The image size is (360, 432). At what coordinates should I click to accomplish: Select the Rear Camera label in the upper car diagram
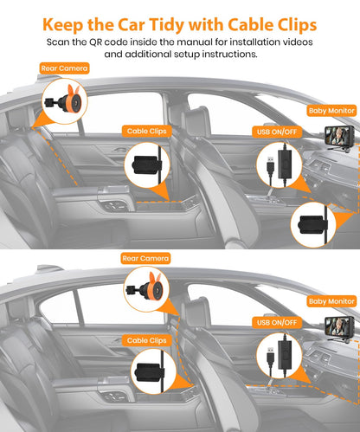[x=64, y=68]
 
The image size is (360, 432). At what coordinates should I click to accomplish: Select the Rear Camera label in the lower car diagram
[x=145, y=258]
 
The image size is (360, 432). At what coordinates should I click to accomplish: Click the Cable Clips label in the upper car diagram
[x=147, y=131]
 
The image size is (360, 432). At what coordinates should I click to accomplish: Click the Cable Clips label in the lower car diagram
[x=147, y=340]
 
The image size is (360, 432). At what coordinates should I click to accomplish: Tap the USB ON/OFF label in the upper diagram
[x=277, y=132]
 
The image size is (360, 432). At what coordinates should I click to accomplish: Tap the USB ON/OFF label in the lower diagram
[x=277, y=322]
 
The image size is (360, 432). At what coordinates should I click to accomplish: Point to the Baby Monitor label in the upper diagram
[x=331, y=111]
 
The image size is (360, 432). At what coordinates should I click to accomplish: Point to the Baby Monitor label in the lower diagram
[x=331, y=301]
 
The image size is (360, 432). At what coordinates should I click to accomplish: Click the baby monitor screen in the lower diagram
[x=339, y=326]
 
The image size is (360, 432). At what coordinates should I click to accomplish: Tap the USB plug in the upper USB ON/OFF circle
[x=270, y=165]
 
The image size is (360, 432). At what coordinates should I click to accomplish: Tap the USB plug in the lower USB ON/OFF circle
[x=270, y=356]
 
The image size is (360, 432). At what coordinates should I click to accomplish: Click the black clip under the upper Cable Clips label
[x=146, y=165]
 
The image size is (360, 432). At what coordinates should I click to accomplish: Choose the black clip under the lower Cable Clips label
[x=150, y=371]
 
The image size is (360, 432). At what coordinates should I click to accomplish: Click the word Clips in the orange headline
[x=297, y=25]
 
